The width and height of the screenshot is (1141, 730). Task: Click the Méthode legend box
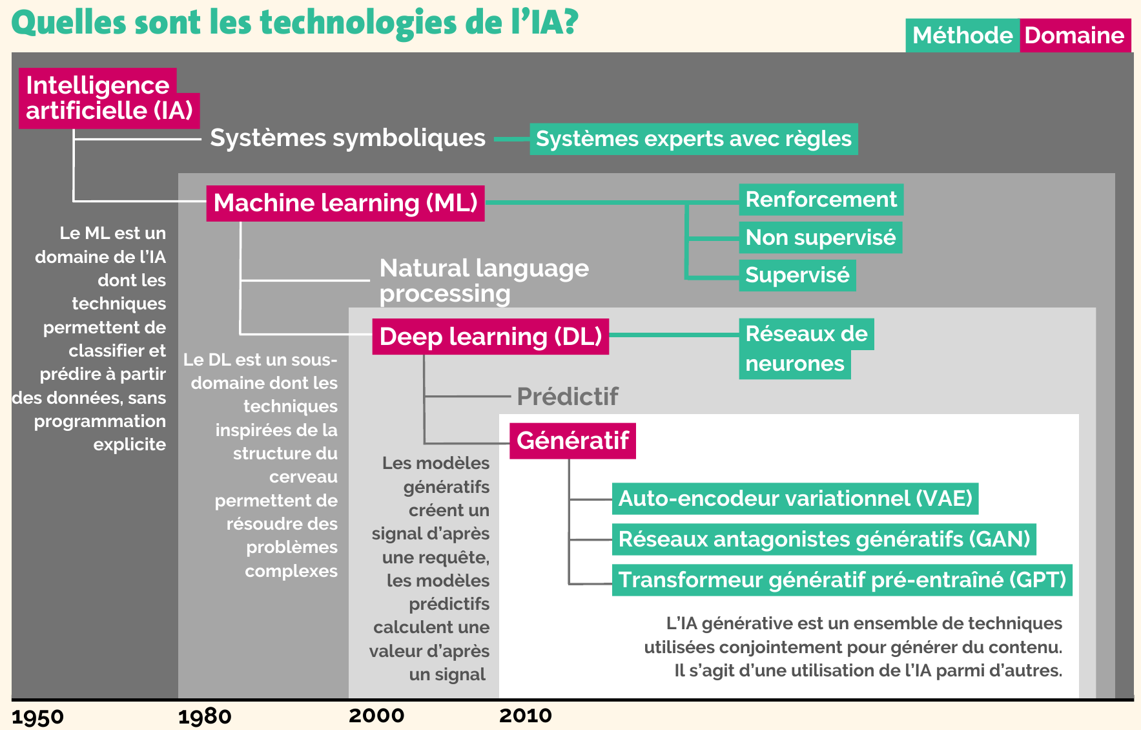click(962, 36)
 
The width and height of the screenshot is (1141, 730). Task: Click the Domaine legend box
click(1075, 36)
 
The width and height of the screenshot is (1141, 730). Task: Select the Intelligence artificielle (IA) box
click(108, 98)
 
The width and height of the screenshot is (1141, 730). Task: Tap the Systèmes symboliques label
click(347, 138)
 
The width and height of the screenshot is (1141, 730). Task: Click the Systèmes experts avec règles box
click(694, 139)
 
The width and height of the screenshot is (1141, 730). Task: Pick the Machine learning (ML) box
click(345, 203)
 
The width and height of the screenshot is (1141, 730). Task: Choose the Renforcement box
click(821, 200)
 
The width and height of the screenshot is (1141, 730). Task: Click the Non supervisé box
click(820, 237)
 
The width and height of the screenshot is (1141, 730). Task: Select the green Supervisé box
click(797, 275)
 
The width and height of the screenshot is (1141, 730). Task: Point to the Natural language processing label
click(484, 280)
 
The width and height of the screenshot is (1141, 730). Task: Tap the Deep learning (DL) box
click(491, 337)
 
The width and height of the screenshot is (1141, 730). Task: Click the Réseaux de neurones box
click(806, 349)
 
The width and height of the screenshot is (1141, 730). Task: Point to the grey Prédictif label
click(568, 397)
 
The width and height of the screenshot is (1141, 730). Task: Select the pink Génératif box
click(573, 441)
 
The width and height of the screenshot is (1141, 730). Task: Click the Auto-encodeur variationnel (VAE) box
click(795, 499)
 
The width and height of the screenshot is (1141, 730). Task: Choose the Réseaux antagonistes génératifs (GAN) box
click(824, 539)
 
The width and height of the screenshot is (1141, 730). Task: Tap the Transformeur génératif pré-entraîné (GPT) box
click(842, 580)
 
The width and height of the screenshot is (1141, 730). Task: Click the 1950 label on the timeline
click(37, 717)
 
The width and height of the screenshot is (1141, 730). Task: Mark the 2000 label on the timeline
click(376, 716)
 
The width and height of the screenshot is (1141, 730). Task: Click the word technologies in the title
click(358, 23)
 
